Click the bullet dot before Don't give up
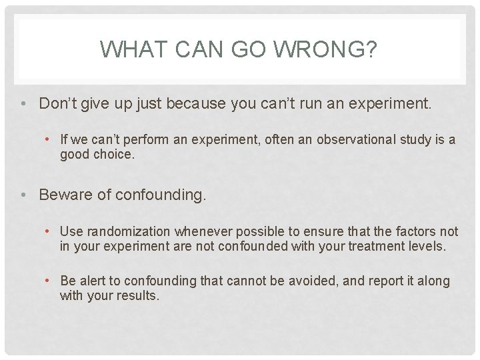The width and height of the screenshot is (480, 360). (23, 103)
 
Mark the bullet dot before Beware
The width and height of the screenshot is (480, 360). (23, 195)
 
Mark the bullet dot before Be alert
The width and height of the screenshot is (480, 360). (49, 281)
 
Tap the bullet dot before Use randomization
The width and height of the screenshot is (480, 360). (49, 231)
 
